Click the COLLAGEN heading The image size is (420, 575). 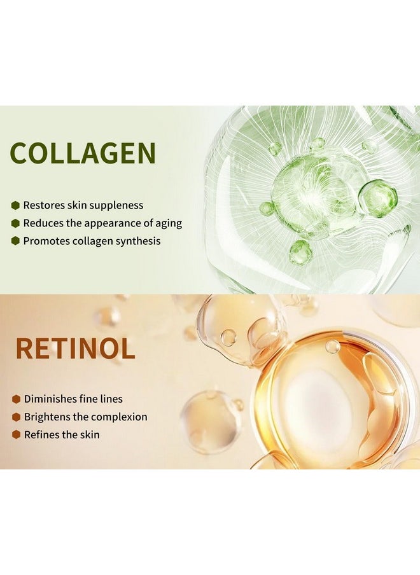tap(83, 153)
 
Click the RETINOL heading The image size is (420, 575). tap(75, 349)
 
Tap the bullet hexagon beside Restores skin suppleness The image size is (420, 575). tap(15, 205)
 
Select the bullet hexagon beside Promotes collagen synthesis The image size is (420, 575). tap(15, 241)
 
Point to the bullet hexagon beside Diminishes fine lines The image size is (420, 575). tap(16, 399)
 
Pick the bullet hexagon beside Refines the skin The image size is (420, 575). tap(16, 435)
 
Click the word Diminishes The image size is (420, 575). tap(50, 399)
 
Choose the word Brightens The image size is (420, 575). tap(46, 417)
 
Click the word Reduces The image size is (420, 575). tap(43, 223)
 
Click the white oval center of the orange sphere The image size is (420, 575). tap(318, 405)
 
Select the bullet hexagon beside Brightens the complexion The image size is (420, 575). tap(16, 417)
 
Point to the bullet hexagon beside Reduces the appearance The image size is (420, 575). tap(15, 223)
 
